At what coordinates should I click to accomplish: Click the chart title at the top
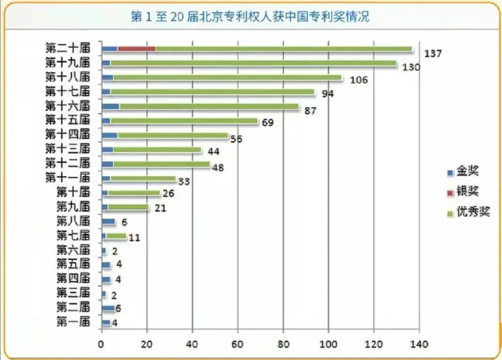(249, 17)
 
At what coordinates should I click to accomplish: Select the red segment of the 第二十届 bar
(136, 48)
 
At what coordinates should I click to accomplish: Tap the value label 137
(433, 53)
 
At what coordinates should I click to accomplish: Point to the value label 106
(358, 80)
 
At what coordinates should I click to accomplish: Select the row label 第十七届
(68, 92)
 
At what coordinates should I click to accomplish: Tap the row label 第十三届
(68, 149)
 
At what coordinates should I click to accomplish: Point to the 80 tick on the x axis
(283, 344)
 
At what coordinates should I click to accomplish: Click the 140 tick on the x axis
(419, 344)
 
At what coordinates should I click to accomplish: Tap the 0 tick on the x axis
(101, 344)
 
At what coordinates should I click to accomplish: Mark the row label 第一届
(73, 322)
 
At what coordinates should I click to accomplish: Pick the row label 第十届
(73, 191)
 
